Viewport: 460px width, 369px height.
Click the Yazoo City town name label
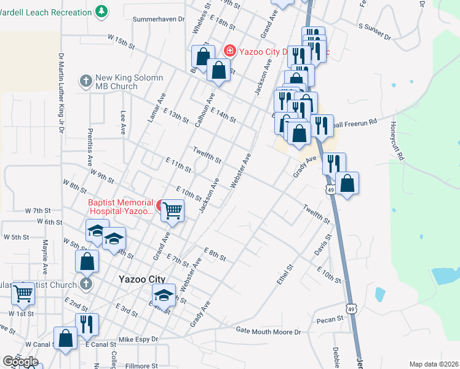click(140, 279)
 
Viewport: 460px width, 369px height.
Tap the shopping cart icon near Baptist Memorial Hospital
click(172, 210)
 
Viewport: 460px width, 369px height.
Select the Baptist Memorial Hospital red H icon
click(160, 205)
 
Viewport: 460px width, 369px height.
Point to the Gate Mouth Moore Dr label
click(269, 331)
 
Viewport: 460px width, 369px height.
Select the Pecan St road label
click(330, 320)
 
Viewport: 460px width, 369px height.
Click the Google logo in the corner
click(20, 362)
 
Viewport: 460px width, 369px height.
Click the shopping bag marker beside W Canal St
click(65, 338)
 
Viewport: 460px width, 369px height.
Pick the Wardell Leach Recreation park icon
click(101, 11)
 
